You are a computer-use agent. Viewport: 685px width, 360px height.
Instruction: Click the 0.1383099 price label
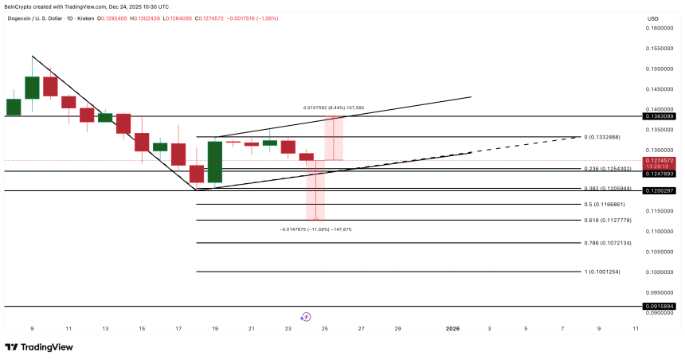660,116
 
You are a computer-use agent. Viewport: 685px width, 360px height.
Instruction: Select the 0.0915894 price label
660,306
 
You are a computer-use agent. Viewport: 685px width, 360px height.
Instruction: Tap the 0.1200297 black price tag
660,190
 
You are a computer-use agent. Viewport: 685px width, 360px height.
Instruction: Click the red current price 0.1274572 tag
660,161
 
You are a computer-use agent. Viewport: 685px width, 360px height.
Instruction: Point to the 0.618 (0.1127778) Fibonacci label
609,220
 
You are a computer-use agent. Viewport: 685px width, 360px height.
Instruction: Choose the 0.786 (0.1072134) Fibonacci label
609,243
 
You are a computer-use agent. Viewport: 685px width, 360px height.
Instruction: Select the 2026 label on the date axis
452,327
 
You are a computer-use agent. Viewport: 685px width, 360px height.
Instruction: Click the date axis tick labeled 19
214,327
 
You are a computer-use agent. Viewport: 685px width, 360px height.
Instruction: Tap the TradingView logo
39,347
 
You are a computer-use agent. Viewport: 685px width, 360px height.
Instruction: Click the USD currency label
653,18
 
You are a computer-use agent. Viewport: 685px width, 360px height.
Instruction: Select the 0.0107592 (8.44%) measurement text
332,108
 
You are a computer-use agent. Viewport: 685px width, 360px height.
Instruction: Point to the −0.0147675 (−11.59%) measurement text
315,229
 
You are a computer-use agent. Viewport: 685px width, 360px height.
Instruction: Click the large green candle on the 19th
214,162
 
